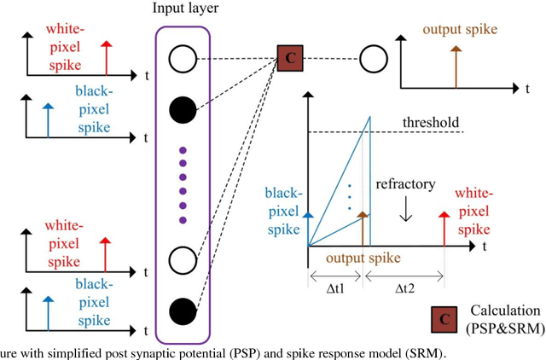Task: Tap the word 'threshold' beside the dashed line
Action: click(x=431, y=122)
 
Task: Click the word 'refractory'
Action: click(x=406, y=183)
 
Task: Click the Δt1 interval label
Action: click(x=335, y=288)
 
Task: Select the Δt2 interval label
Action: click(x=405, y=288)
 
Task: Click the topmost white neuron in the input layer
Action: click(x=182, y=59)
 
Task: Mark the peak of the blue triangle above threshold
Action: click(x=369, y=115)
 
